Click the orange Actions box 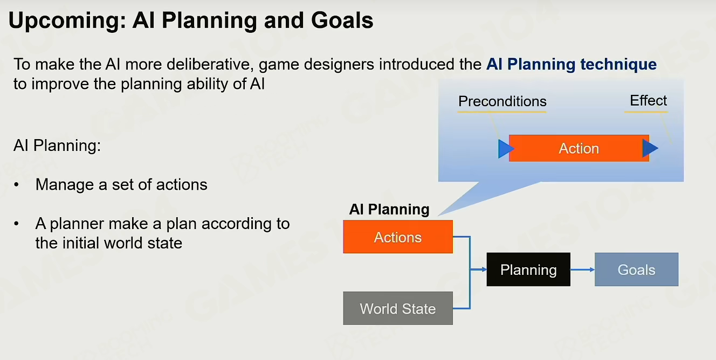click(x=398, y=237)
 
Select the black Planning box click(x=528, y=269)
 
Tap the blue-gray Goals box click(x=636, y=269)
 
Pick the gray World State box click(x=398, y=308)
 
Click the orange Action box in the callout click(x=579, y=148)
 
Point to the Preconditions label click(x=502, y=101)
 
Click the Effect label click(x=648, y=101)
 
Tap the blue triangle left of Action click(x=506, y=149)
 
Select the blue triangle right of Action click(x=650, y=148)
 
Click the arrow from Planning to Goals click(x=582, y=269)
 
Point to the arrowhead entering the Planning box click(x=484, y=269)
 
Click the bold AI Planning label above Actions click(x=389, y=210)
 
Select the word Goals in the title click(x=342, y=20)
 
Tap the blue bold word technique click(x=618, y=64)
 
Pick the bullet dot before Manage click(x=17, y=185)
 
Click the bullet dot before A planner click(x=17, y=224)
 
